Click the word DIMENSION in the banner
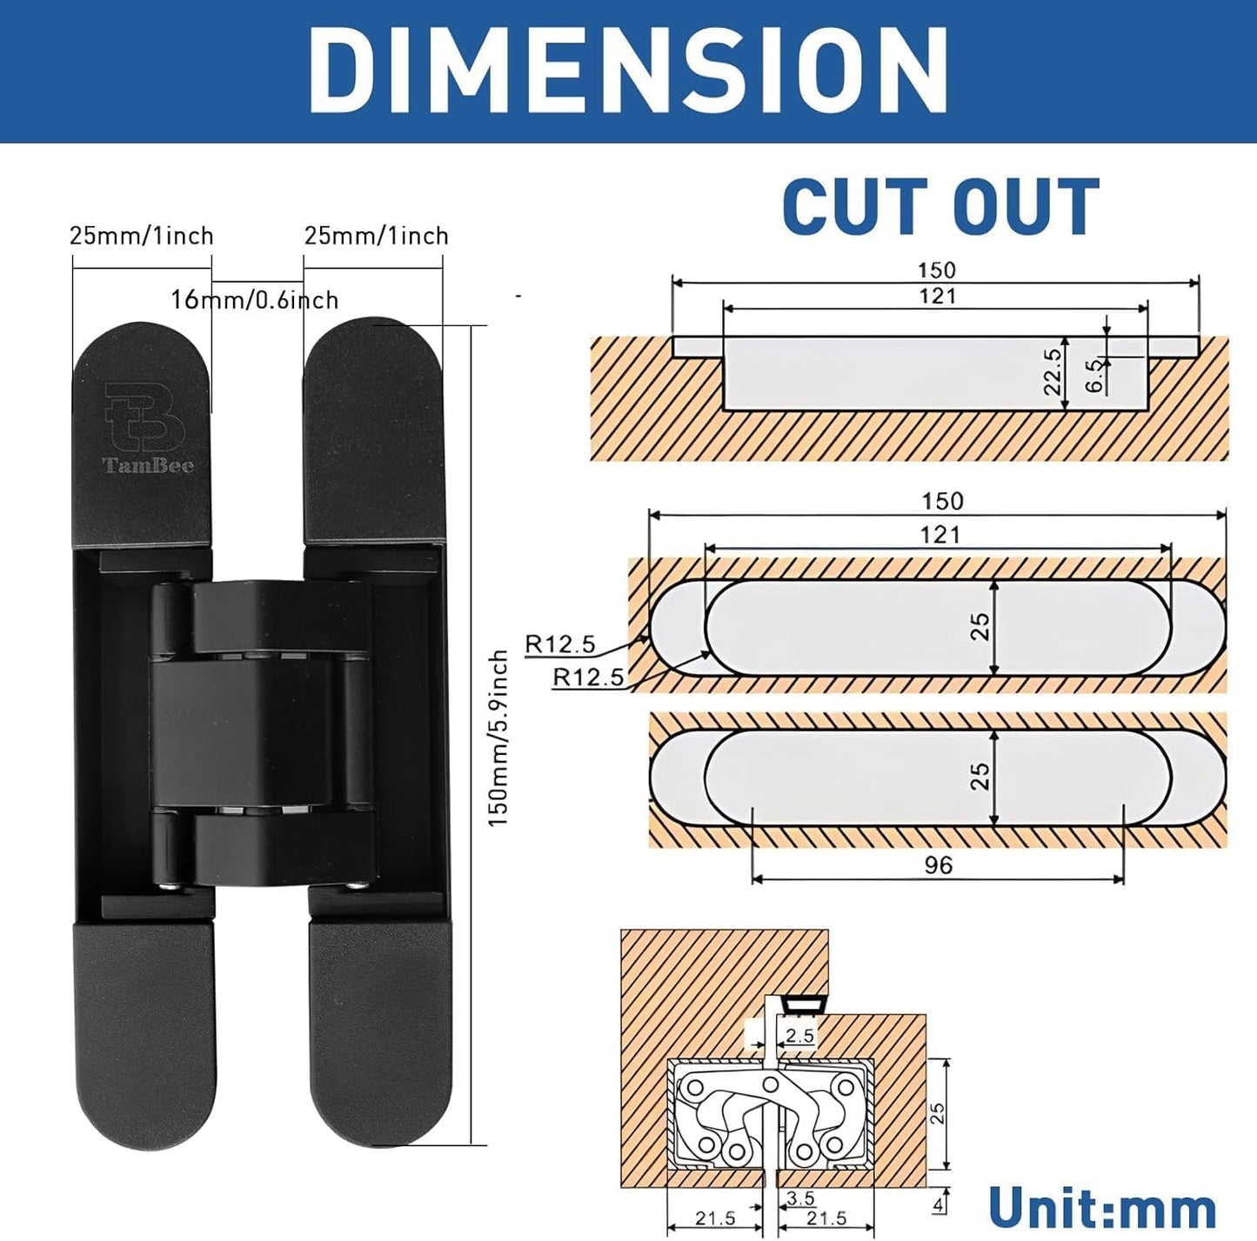pyautogui.click(x=628, y=70)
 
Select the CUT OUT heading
pyautogui.click(x=940, y=207)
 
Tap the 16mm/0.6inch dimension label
pyautogui.click(x=254, y=300)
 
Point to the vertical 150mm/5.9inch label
pyautogui.click(x=498, y=737)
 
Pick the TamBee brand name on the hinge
pyautogui.click(x=148, y=465)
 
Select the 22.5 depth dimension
pyautogui.click(x=1053, y=371)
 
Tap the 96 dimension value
pyautogui.click(x=939, y=865)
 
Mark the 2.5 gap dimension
pyautogui.click(x=799, y=1035)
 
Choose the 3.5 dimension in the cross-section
pyautogui.click(x=800, y=1198)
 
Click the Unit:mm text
pyautogui.click(x=1102, y=1209)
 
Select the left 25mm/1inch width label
pyautogui.click(x=142, y=236)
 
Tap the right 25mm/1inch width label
pyautogui.click(x=376, y=236)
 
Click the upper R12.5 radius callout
pyautogui.click(x=560, y=644)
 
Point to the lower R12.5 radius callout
pyautogui.click(x=588, y=677)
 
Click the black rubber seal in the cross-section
pyautogui.click(x=804, y=1004)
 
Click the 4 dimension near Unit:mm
pyautogui.click(x=938, y=1206)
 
